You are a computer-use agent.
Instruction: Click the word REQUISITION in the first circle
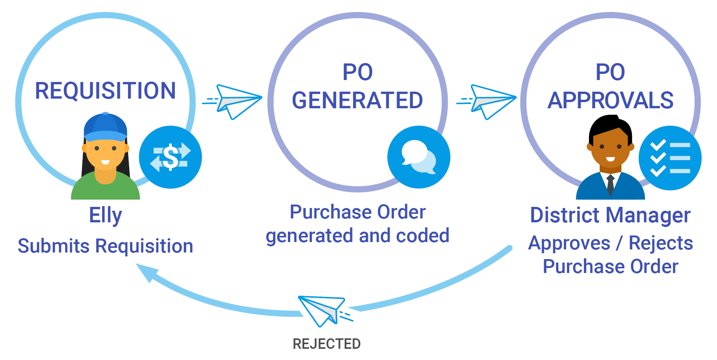(105, 90)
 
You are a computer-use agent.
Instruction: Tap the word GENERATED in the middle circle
(357, 101)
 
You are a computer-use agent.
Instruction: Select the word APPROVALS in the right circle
(610, 101)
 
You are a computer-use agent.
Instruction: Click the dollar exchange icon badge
(170, 157)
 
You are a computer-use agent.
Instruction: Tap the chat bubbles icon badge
(419, 157)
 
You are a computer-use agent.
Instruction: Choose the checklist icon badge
(670, 158)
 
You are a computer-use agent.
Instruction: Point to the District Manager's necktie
(610, 184)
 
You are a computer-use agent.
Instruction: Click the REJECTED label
(327, 344)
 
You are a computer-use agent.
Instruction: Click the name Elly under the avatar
(105, 215)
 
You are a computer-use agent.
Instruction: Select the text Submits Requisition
(105, 246)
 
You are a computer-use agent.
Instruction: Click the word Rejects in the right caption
(661, 243)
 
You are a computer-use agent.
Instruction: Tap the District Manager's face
(610, 149)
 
